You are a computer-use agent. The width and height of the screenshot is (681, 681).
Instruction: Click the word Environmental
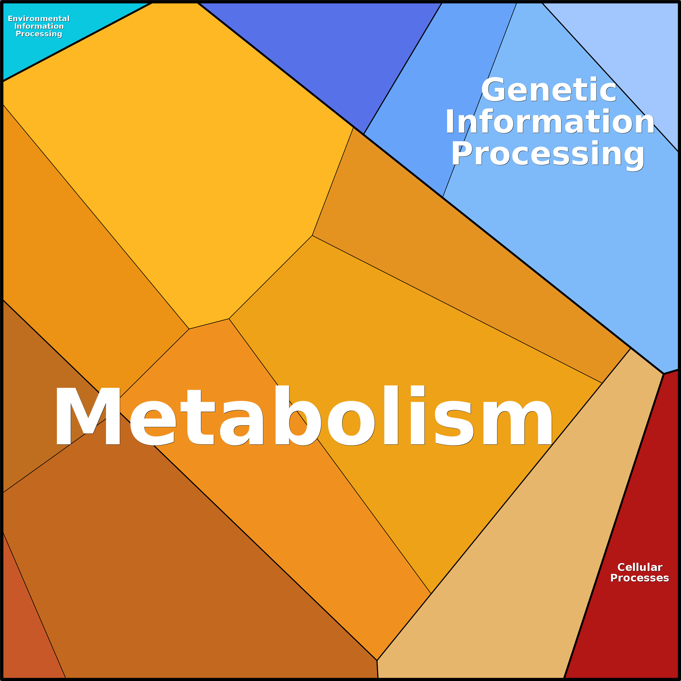click(39, 19)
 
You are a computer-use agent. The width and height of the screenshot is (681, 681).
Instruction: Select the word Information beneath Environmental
click(39, 27)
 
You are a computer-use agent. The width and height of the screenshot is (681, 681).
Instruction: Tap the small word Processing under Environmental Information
click(39, 34)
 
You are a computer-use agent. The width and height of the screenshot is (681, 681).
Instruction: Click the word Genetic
click(548, 90)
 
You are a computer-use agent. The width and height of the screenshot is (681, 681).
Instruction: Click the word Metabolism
click(303, 416)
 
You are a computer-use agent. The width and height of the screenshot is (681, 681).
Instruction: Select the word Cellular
click(640, 567)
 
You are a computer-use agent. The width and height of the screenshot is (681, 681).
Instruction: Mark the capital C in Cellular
click(621, 567)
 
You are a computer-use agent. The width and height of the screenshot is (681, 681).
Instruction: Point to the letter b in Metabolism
click(298, 416)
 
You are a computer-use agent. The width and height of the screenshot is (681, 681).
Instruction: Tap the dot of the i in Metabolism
click(418, 391)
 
